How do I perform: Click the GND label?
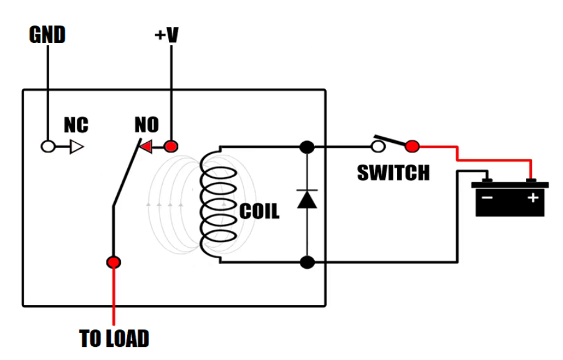[x=47, y=35]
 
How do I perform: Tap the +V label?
[x=166, y=35]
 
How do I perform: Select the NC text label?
[x=76, y=125]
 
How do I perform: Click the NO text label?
[x=147, y=125]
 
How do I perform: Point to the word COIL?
[x=259, y=212]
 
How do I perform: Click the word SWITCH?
[x=393, y=172]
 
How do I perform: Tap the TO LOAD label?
[x=115, y=339]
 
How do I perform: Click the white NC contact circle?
[x=47, y=147]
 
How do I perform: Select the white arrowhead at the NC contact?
[x=76, y=147]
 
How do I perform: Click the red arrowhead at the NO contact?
[x=145, y=147]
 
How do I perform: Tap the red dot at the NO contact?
[x=170, y=147]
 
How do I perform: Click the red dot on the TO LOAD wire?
[x=113, y=262]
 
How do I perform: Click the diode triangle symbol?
[x=307, y=199]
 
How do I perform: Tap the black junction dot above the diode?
[x=307, y=147]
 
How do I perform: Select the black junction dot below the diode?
[x=307, y=262]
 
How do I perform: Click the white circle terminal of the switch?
[x=377, y=147]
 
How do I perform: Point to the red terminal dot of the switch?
[x=411, y=147]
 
